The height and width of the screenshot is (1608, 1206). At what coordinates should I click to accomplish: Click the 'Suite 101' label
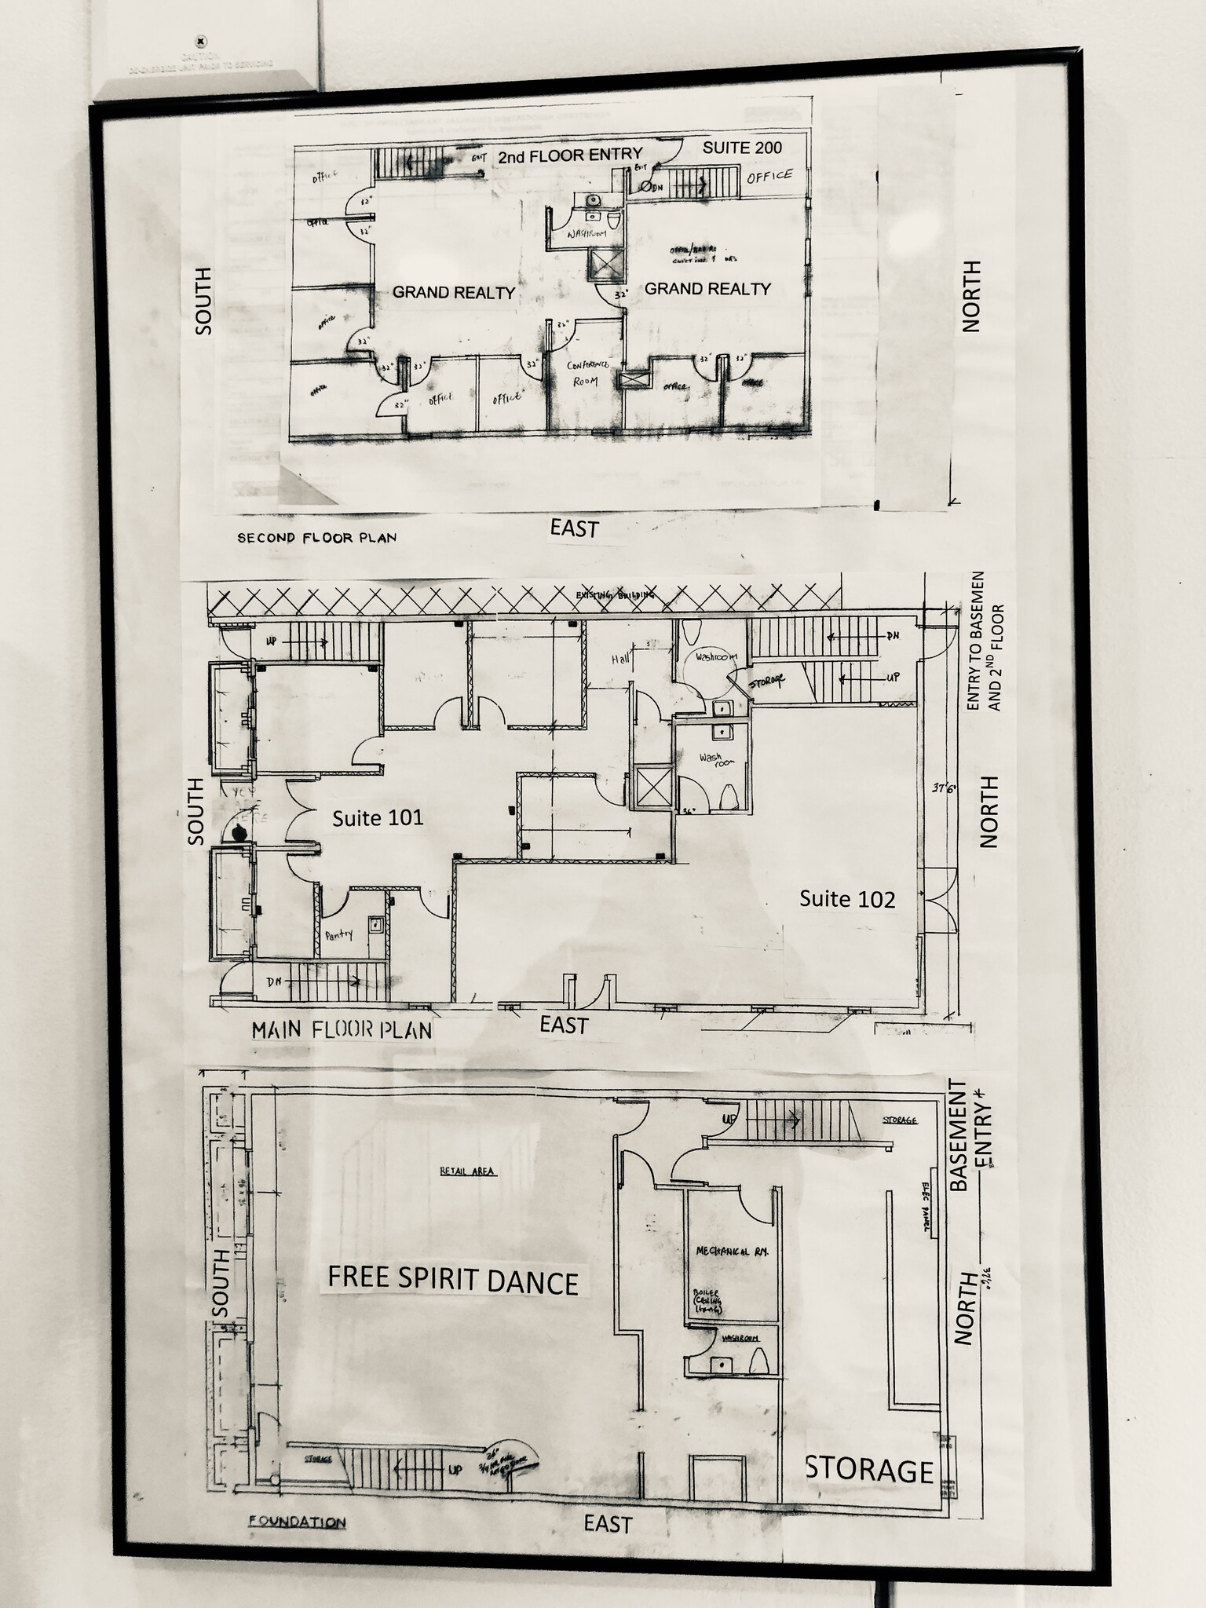[378, 818]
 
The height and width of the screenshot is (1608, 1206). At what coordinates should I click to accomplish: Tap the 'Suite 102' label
[847, 899]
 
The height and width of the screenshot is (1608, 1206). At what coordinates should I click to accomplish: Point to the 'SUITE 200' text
[742, 148]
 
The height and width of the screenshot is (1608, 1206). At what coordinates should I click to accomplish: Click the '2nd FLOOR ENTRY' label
[570, 155]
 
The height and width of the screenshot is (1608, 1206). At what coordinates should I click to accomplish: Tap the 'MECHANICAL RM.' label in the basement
[731, 1251]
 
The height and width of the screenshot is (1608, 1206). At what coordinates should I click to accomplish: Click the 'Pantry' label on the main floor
[339, 934]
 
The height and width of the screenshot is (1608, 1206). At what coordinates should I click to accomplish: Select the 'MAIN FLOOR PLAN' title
[342, 1030]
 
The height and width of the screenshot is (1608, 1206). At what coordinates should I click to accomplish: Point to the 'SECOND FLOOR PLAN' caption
[316, 538]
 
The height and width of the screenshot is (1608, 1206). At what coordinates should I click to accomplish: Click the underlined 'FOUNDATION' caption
[297, 1522]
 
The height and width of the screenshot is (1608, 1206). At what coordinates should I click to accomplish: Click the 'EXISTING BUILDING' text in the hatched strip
[615, 595]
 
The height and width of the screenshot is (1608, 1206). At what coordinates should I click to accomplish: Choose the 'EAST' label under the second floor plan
[574, 528]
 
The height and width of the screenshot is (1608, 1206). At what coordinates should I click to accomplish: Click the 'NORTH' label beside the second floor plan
[971, 297]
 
